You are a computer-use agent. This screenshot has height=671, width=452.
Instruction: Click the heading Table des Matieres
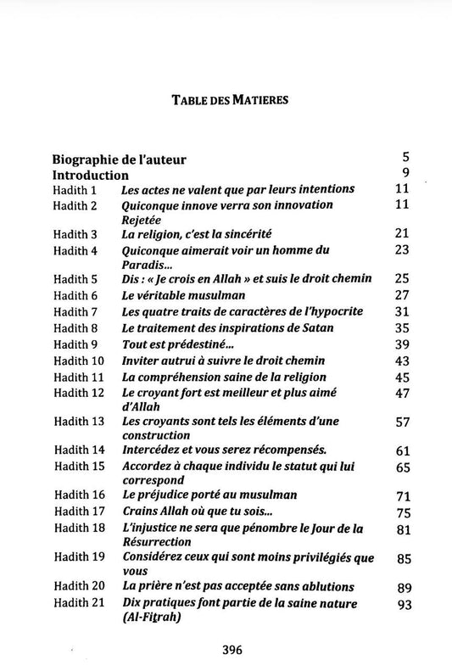click(230, 98)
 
